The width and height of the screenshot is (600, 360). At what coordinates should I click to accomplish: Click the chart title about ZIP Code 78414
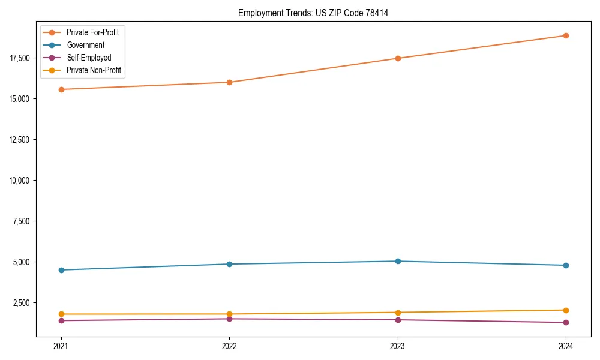pos(313,13)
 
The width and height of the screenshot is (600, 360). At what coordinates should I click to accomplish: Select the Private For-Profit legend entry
pos(92,32)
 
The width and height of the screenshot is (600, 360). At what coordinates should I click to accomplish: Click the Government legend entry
pos(85,45)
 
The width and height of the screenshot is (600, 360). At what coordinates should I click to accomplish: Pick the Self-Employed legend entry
pos(89,58)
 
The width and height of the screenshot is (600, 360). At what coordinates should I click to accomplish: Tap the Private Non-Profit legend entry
pos(94,70)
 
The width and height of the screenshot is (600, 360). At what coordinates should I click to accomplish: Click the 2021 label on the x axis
pos(61,346)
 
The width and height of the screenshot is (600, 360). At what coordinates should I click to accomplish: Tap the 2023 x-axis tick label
pos(398,346)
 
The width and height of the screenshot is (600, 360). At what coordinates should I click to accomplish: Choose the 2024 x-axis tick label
pos(566,346)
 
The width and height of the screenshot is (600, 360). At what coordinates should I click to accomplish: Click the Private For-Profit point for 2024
pos(566,35)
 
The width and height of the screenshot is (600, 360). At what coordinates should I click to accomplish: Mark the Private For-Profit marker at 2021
pos(61,89)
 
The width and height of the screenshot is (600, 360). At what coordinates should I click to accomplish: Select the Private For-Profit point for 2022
pos(229,82)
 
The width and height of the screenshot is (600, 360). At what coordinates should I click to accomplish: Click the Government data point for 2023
pos(398,261)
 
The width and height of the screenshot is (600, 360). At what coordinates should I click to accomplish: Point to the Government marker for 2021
pos(61,270)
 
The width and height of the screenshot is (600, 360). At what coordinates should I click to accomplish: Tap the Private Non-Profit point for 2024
pos(566,310)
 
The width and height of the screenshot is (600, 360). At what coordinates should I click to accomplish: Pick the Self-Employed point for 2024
pos(566,323)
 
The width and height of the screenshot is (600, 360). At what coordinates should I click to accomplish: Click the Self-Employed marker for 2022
pos(229,319)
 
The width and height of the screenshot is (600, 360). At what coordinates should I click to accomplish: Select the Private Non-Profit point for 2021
pos(61,314)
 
